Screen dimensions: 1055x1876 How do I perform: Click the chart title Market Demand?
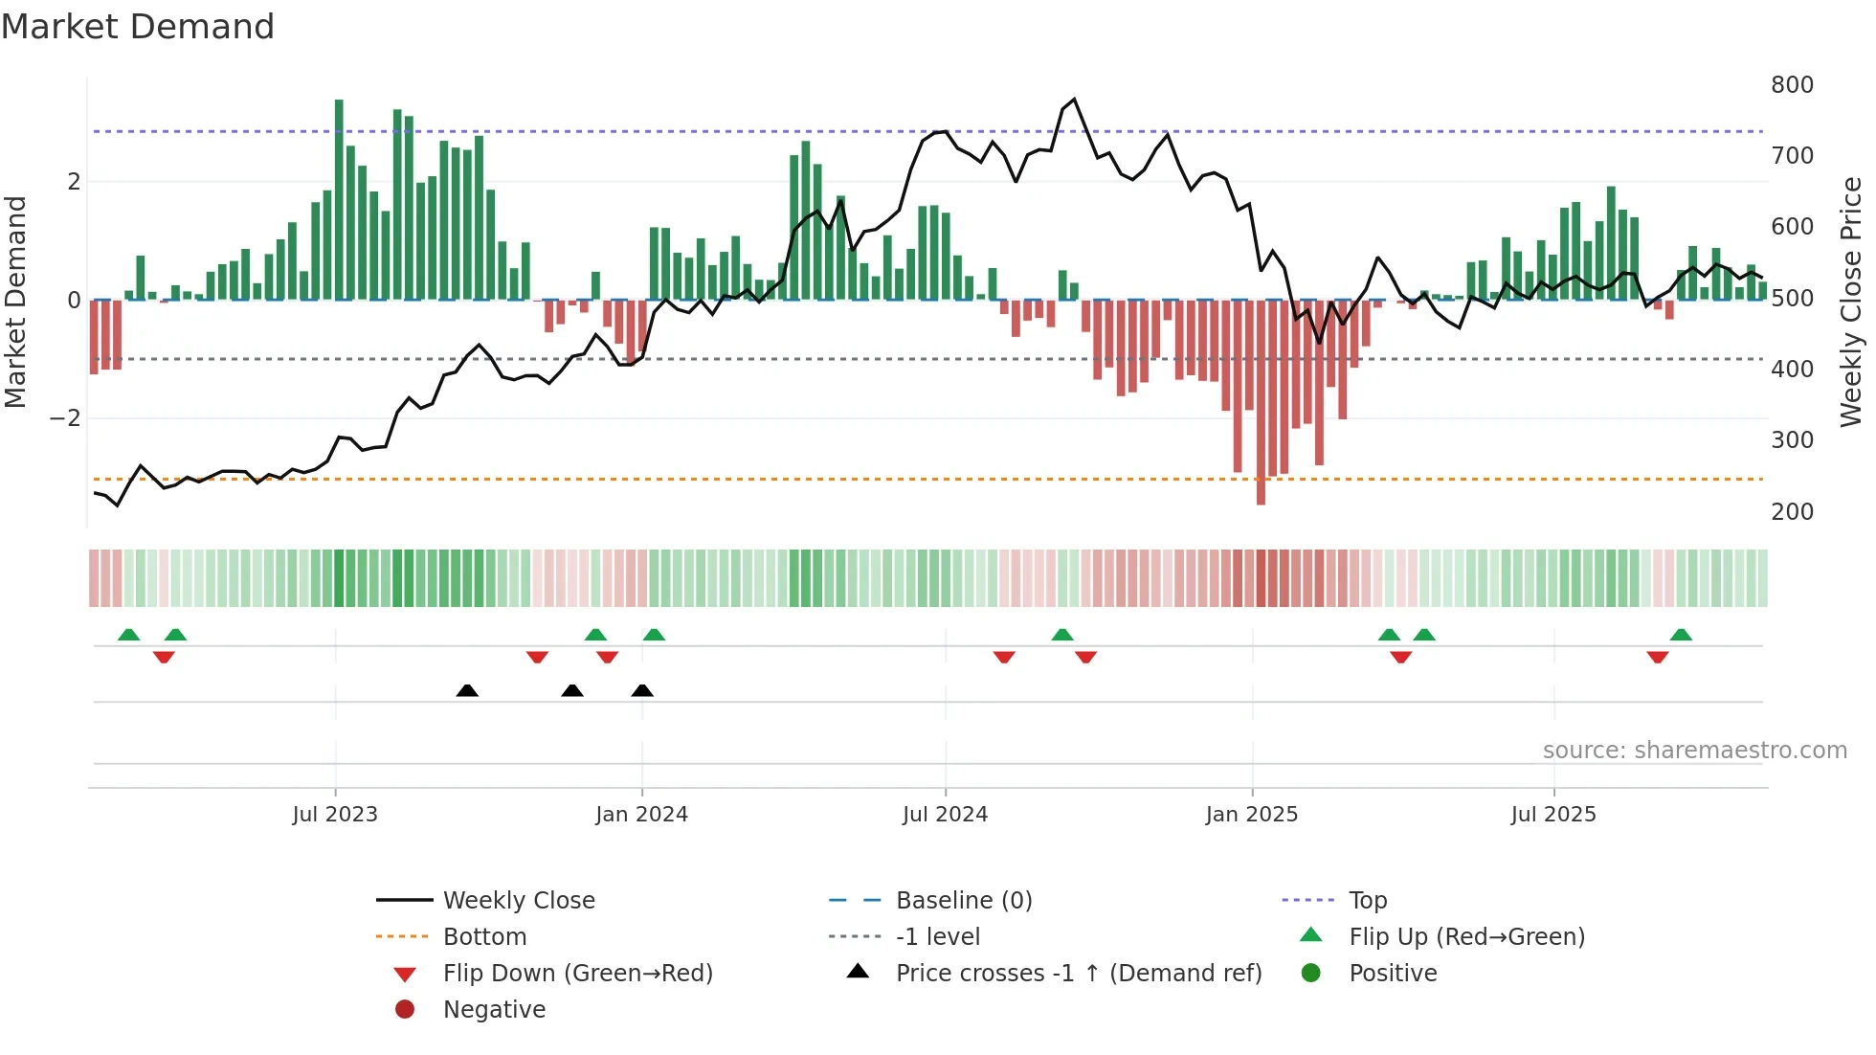coord(138,27)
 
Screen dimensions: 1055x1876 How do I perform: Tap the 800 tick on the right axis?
coord(1792,85)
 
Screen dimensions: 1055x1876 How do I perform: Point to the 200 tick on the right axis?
coord(1792,512)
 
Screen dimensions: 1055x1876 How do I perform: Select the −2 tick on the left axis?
coord(65,418)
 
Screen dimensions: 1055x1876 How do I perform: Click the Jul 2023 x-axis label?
coord(335,815)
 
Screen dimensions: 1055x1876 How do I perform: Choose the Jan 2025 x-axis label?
coord(1251,815)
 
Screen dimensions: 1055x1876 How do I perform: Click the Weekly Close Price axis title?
coord(1851,302)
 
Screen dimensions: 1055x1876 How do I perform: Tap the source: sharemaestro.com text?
coord(1694,751)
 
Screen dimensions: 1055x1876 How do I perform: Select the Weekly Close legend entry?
coord(518,901)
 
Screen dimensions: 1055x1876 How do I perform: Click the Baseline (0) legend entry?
coord(963,901)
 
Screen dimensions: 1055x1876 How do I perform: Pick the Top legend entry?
coord(1368,901)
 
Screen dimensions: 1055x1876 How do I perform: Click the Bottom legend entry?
coord(484,937)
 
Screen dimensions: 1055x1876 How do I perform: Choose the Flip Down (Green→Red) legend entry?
coord(577,974)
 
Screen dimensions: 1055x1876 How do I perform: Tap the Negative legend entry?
coord(494,1010)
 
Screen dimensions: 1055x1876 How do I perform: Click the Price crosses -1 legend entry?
coord(1078,974)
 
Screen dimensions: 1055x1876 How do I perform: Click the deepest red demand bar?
coord(1261,402)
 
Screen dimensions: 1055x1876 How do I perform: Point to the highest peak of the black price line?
coord(1074,100)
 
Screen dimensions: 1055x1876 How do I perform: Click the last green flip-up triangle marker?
coord(1681,635)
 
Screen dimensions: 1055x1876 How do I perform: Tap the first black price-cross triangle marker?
coord(467,690)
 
